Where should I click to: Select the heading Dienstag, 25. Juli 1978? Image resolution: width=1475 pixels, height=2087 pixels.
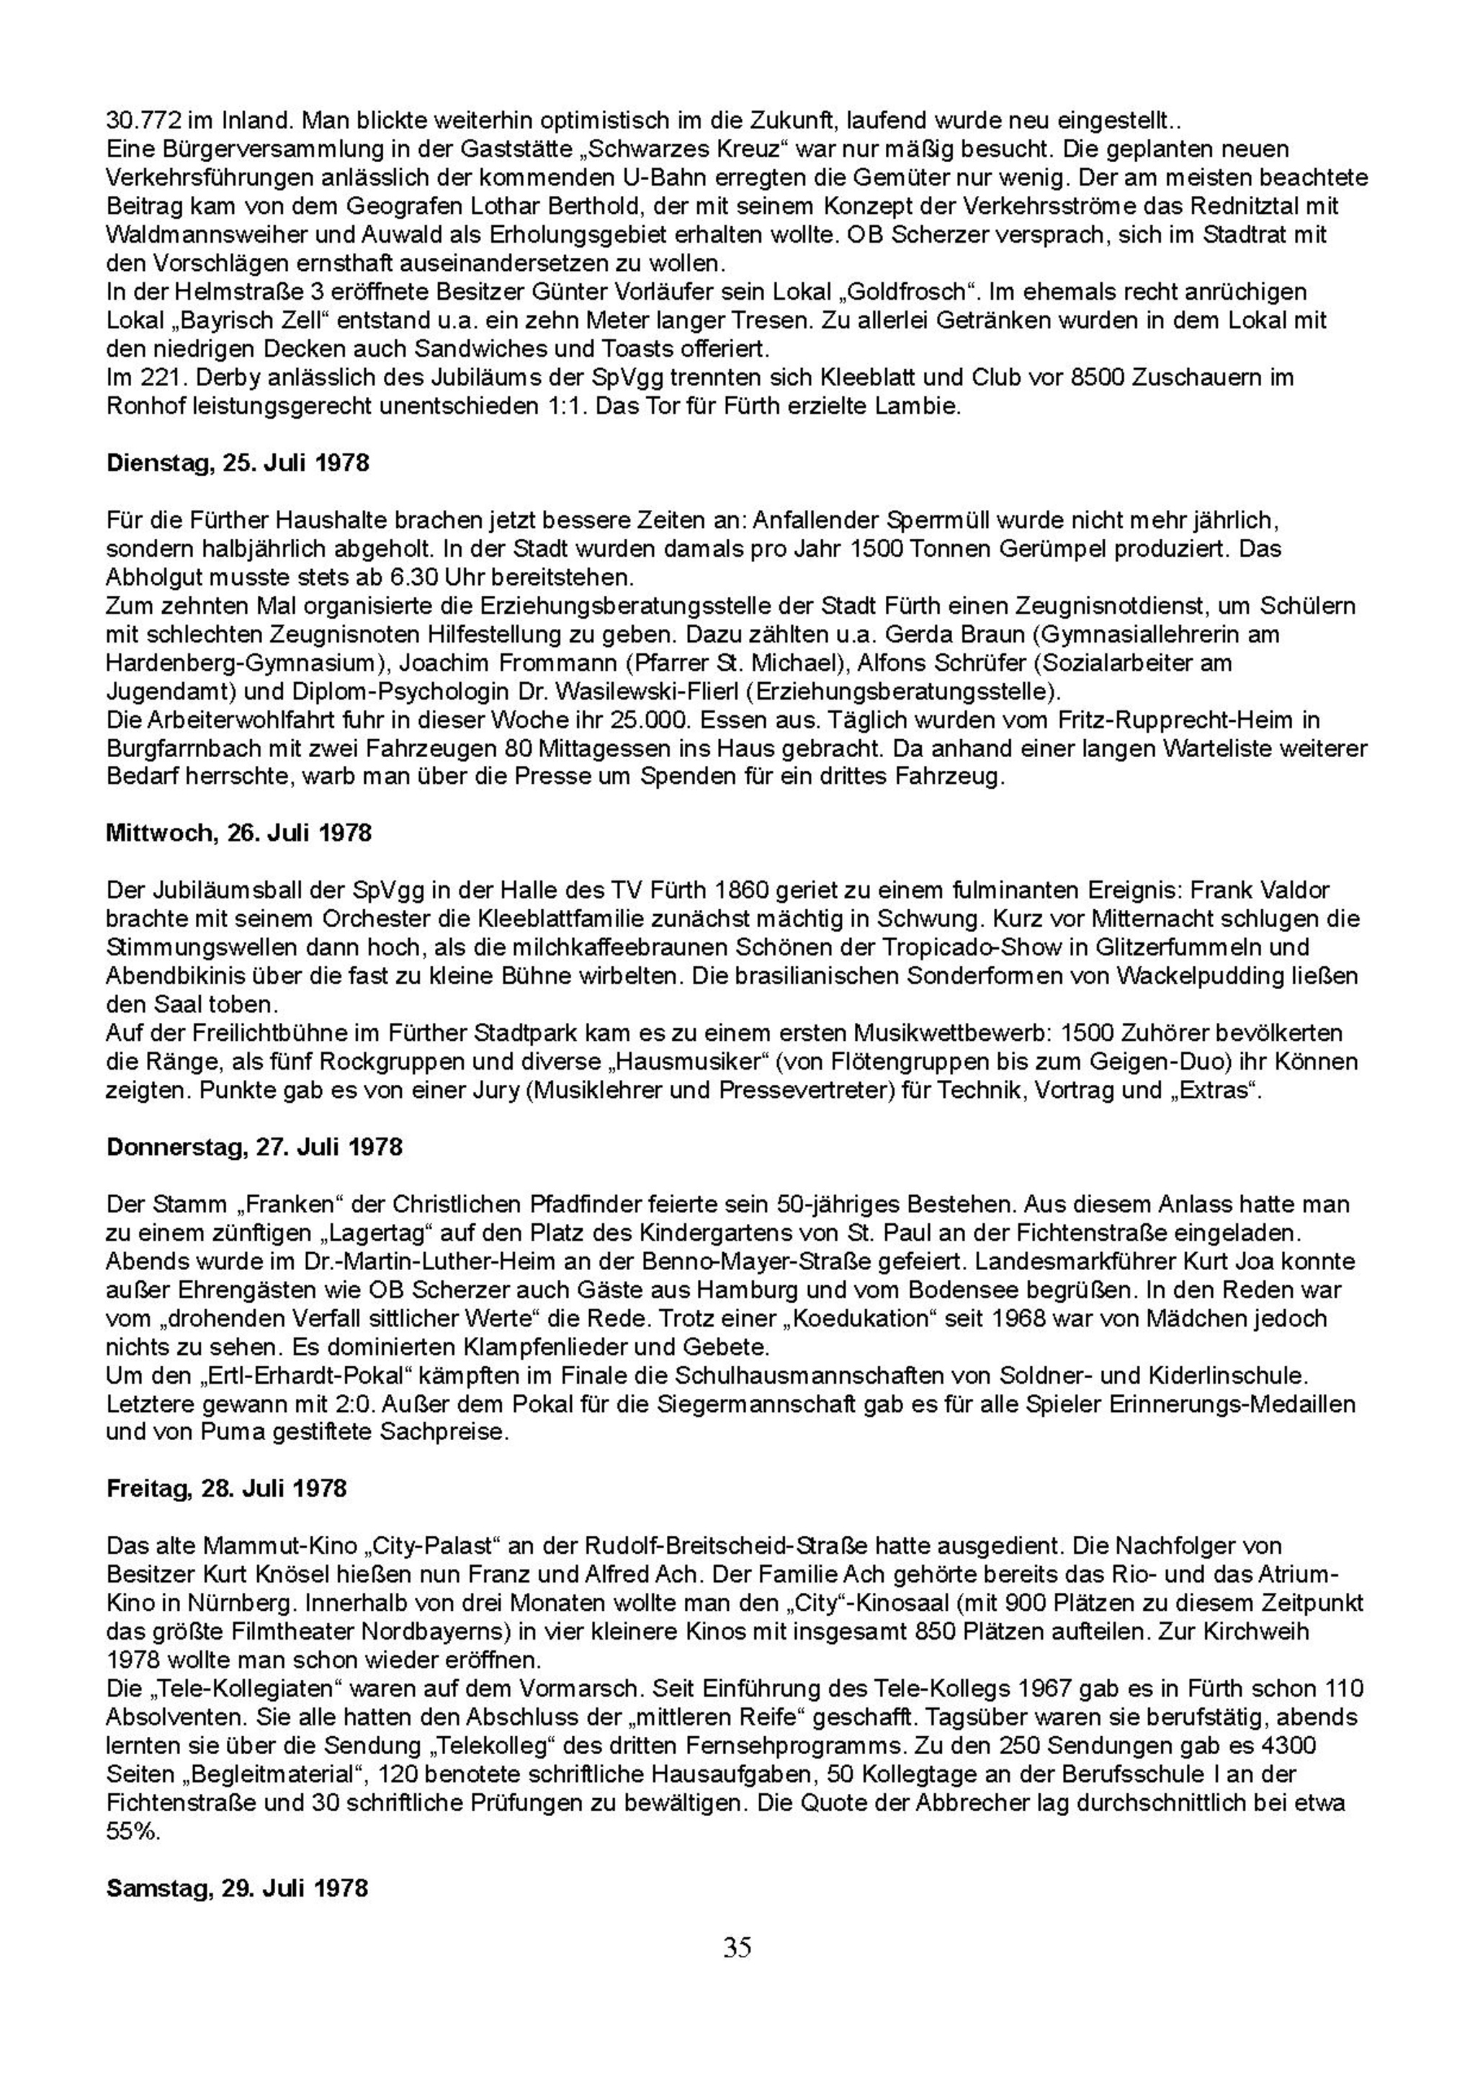click(x=238, y=462)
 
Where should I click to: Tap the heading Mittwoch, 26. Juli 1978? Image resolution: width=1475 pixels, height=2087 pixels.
click(x=239, y=833)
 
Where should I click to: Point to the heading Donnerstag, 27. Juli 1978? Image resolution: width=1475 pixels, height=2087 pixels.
click(x=254, y=1146)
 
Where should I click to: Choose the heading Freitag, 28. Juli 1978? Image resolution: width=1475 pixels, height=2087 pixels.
click(x=226, y=1488)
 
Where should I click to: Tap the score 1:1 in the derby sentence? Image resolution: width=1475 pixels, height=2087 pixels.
click(x=562, y=406)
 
